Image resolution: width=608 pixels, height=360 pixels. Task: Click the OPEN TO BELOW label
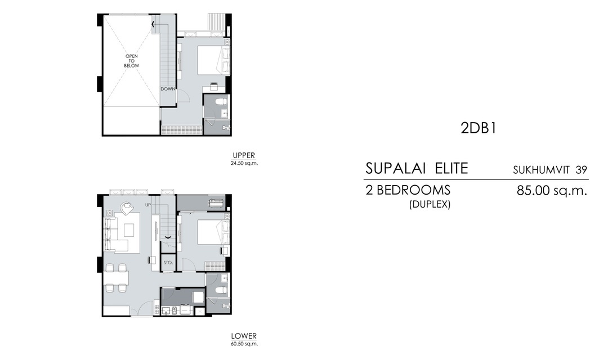pos(132,61)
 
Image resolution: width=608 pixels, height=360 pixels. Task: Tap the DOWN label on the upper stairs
pos(167,89)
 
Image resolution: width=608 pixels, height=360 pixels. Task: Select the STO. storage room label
pos(168,263)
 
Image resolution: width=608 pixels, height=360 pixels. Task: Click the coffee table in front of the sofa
pos(129,230)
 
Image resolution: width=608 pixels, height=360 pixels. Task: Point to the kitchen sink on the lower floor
pos(166,310)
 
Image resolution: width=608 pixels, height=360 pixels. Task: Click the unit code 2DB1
pos(477,128)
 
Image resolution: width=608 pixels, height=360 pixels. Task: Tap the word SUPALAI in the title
pos(394,168)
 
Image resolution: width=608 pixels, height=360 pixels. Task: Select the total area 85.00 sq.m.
pos(552,190)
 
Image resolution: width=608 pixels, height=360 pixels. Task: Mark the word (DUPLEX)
pos(430,205)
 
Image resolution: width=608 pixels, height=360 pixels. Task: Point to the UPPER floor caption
pos(244,155)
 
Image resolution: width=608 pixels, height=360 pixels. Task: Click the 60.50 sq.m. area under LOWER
pos(244,344)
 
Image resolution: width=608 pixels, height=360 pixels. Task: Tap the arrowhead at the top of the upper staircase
pos(154,24)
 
